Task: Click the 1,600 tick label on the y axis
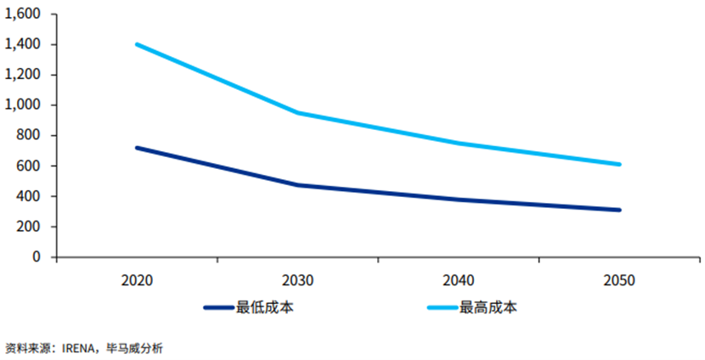point(23,14)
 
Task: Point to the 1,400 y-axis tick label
point(23,44)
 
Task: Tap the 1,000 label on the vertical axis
point(23,105)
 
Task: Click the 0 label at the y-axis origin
point(37,256)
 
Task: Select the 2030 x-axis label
point(297,279)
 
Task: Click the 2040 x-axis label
point(459,279)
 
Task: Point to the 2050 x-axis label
point(620,279)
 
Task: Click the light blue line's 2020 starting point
point(136,44)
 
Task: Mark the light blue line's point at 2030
point(297,112)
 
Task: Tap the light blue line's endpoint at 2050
point(620,164)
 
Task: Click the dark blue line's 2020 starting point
point(136,148)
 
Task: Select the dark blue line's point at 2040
point(459,200)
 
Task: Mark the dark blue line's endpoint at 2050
point(620,210)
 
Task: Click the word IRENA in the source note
point(81,347)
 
